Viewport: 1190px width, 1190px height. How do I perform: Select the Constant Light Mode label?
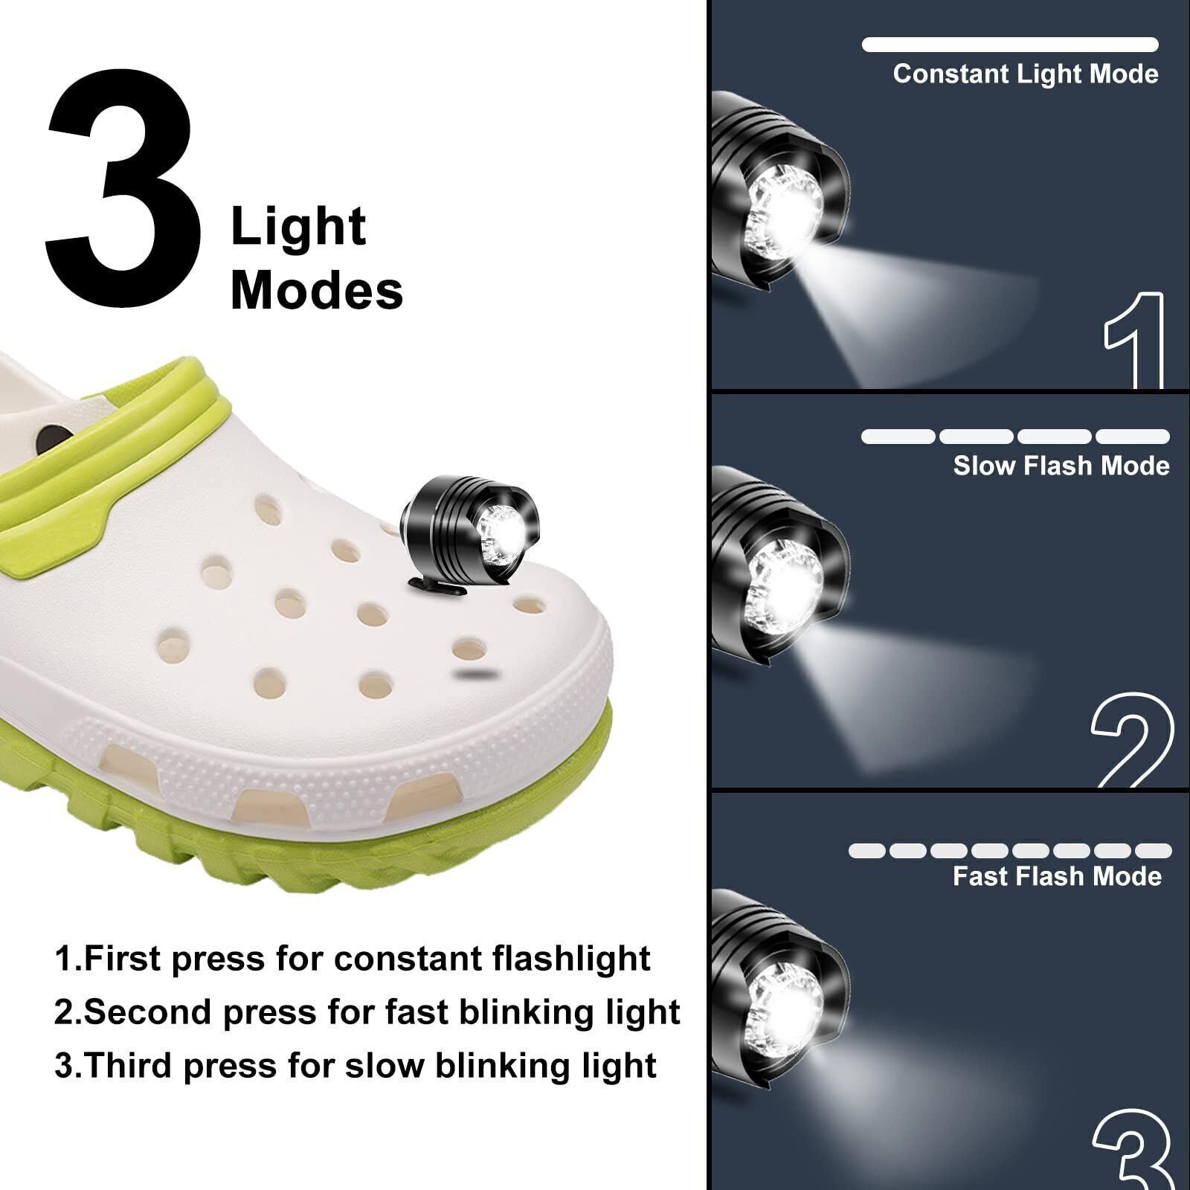(1026, 74)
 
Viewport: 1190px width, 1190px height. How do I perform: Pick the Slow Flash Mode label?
(1061, 466)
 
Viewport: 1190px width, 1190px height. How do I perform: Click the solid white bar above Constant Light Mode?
(1010, 45)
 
